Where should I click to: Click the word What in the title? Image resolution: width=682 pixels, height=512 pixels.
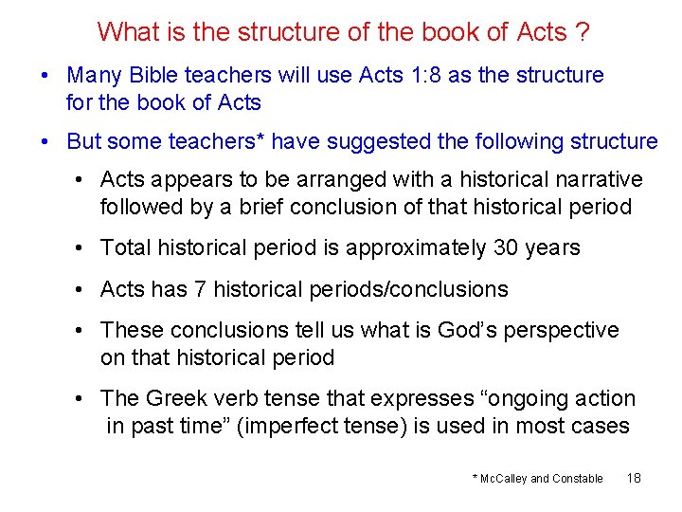pos(128,32)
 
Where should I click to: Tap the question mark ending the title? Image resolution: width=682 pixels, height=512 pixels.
pos(582,32)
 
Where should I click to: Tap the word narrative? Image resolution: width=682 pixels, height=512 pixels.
pos(597,180)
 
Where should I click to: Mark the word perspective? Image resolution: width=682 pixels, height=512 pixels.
pos(565,331)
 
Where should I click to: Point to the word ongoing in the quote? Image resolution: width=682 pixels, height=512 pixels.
pos(512,399)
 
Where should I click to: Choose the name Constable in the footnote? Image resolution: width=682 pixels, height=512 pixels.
pos(578,479)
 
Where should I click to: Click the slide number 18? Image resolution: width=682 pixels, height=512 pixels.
pos(634,478)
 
